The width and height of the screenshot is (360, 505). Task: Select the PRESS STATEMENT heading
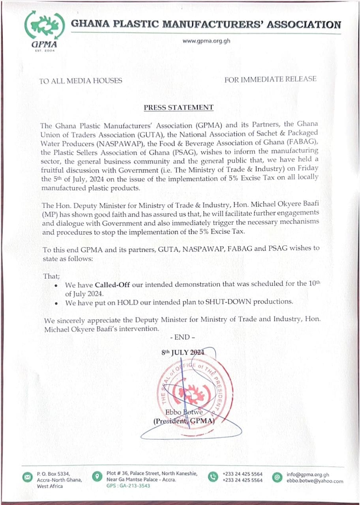click(x=178, y=107)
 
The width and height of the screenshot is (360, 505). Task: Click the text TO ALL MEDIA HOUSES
click(x=81, y=81)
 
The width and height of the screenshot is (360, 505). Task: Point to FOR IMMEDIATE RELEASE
click(x=270, y=79)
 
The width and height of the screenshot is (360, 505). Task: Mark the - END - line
click(x=182, y=337)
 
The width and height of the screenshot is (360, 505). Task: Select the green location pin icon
click(x=96, y=477)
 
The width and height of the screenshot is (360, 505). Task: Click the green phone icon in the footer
click(x=213, y=477)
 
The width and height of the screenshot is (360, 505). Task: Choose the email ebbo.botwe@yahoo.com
click(x=315, y=481)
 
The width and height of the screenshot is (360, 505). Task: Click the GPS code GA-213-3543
click(x=128, y=486)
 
